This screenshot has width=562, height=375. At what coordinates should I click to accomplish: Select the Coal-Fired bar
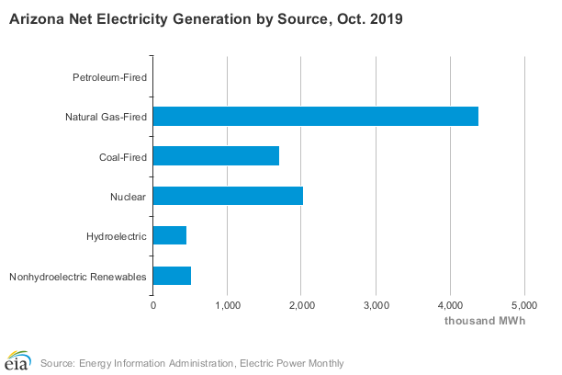(x=216, y=156)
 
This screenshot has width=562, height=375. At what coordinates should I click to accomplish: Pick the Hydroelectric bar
(x=170, y=236)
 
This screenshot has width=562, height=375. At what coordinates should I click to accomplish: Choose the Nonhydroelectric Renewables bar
(x=172, y=276)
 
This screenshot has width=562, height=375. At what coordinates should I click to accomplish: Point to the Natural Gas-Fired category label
(x=106, y=117)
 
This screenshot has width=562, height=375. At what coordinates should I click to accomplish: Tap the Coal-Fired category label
(x=123, y=156)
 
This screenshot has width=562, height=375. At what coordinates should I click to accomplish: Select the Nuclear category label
(x=129, y=197)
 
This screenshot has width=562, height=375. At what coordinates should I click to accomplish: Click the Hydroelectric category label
(x=117, y=236)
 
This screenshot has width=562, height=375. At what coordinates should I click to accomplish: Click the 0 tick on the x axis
(x=153, y=304)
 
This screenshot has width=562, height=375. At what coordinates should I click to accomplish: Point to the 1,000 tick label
(x=227, y=304)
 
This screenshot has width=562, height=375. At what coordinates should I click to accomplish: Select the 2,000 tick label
(x=301, y=304)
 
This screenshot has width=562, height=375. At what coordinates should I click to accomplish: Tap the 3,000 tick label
(x=376, y=304)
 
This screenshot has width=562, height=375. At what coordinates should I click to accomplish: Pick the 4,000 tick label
(x=450, y=304)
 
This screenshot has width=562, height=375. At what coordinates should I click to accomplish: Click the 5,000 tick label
(x=523, y=304)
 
